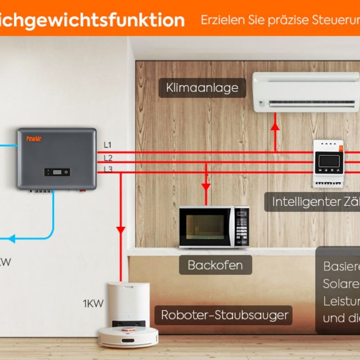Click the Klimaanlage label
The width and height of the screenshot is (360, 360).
click(x=202, y=88)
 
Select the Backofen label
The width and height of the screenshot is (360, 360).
click(x=215, y=265)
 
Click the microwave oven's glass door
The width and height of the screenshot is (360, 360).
click(x=205, y=226)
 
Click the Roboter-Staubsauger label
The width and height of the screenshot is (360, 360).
click(x=224, y=315)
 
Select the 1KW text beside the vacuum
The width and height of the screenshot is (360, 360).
click(x=93, y=304)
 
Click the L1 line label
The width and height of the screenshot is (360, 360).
click(x=108, y=145)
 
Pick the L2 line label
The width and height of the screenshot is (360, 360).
click(x=108, y=158)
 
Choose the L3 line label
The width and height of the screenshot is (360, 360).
click(x=108, y=169)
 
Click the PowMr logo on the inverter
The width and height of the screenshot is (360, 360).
click(x=34, y=139)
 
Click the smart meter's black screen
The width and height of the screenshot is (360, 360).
click(x=329, y=161)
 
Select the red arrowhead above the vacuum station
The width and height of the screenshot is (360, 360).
click(x=121, y=230)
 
